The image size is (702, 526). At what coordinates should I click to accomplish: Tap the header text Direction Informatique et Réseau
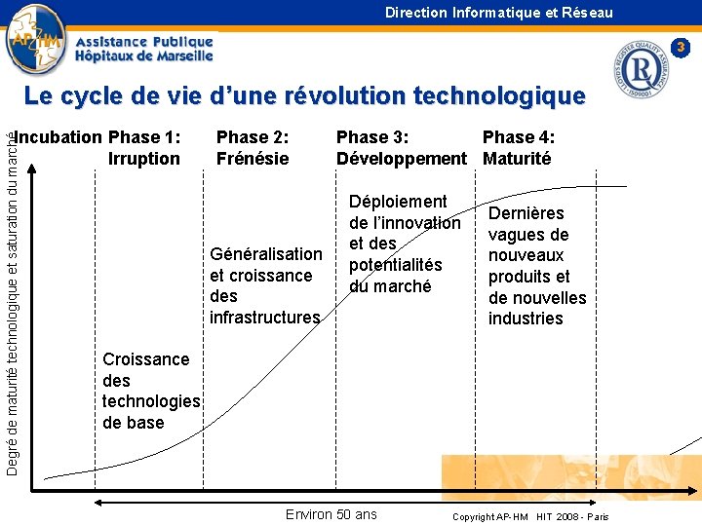498,13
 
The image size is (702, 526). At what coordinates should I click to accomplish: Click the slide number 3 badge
682,47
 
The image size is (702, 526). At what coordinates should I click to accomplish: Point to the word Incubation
59,137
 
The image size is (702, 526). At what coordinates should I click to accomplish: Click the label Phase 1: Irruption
144,148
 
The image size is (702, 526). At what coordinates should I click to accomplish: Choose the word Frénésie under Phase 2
253,159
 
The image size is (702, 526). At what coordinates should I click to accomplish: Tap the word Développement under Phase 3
401,159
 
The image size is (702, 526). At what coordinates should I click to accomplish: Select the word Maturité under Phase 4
517,159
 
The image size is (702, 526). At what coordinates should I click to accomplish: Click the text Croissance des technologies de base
150,391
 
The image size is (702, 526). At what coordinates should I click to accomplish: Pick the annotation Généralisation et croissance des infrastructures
265,285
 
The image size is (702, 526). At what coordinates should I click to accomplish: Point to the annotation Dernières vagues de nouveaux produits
536,265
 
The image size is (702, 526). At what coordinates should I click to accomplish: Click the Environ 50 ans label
331,514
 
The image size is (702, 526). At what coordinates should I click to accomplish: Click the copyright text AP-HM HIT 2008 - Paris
530,516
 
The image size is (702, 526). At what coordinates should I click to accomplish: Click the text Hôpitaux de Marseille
143,56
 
